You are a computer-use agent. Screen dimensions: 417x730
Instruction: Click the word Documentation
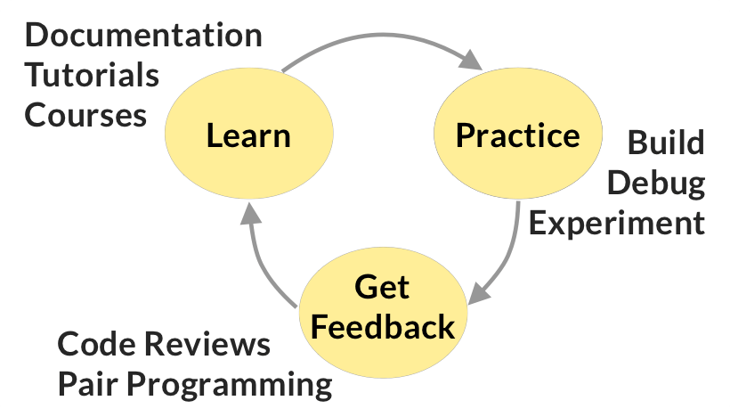(x=143, y=37)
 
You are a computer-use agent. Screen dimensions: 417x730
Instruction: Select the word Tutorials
(x=92, y=76)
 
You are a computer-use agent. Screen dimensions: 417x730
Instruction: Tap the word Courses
(x=85, y=116)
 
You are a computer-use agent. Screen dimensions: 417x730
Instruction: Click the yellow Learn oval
(x=248, y=135)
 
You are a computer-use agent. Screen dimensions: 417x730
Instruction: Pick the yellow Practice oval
(x=517, y=135)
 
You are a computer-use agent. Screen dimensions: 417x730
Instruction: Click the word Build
(x=666, y=143)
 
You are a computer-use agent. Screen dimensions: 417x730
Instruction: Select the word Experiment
(x=617, y=223)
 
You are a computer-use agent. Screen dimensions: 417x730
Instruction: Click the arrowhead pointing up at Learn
(x=251, y=214)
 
